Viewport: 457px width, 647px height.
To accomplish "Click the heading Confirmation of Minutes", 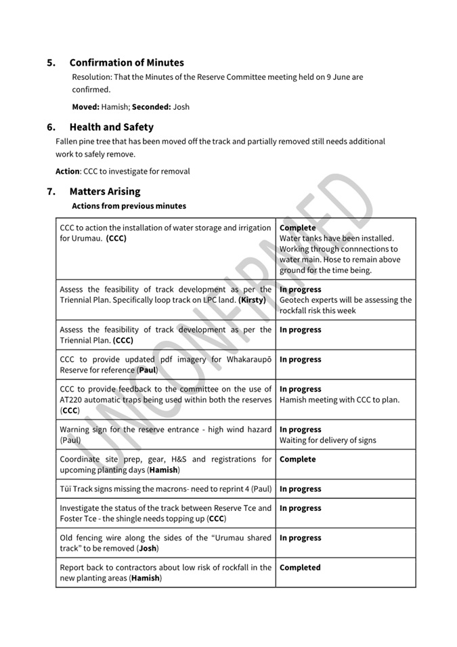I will pyautogui.click(x=127, y=62).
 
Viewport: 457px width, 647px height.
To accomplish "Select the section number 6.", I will pyautogui.click(x=51, y=127).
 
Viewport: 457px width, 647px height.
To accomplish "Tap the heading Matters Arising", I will pyautogui.click(x=105, y=191).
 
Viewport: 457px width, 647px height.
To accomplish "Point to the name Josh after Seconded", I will pyautogui.click(x=181, y=106).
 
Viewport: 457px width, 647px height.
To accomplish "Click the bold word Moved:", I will pyautogui.click(x=86, y=106).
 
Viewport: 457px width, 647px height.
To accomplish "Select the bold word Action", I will pyautogui.click(x=67, y=171).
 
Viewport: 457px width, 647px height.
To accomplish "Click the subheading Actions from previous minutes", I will pyautogui.click(x=129, y=206).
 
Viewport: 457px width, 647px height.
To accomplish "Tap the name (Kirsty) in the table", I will pyautogui.click(x=252, y=300).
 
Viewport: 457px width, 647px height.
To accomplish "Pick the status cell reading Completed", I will pyautogui.click(x=300, y=568).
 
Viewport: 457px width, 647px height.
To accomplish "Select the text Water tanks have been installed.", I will pyautogui.click(x=336, y=238).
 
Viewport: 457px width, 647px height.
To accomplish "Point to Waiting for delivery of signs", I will pyautogui.click(x=328, y=440).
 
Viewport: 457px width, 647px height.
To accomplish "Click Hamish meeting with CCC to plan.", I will pyautogui.click(x=339, y=400).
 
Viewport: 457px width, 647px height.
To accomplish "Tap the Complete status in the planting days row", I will pyautogui.click(x=298, y=459).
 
